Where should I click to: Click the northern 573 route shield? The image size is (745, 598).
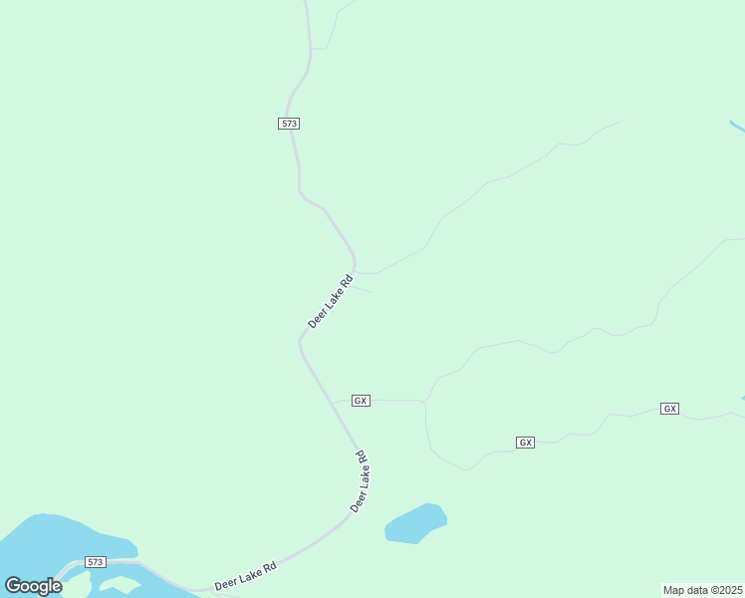pyautogui.click(x=289, y=123)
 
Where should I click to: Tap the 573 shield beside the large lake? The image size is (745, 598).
pyautogui.click(x=96, y=562)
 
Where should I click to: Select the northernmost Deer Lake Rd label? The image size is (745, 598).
pyautogui.click(x=331, y=302)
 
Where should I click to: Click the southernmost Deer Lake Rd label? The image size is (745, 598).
pyautogui.click(x=244, y=575)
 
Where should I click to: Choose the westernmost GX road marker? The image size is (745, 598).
pyautogui.click(x=361, y=400)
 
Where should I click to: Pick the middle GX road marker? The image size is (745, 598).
pyautogui.click(x=526, y=442)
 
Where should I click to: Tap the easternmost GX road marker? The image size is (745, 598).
pyautogui.click(x=669, y=409)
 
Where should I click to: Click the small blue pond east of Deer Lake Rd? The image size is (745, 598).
pyautogui.click(x=415, y=523)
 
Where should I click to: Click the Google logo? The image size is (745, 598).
pyautogui.click(x=33, y=586)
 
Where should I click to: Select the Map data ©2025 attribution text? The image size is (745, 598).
pyautogui.click(x=702, y=589)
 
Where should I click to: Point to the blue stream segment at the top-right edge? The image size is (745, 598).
pyautogui.click(x=736, y=126)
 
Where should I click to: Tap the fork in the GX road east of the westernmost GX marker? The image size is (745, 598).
pyautogui.click(x=425, y=402)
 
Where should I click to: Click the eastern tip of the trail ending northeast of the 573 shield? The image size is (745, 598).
pyautogui.click(x=621, y=122)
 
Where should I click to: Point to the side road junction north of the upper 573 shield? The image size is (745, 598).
pyautogui.click(x=312, y=48)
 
